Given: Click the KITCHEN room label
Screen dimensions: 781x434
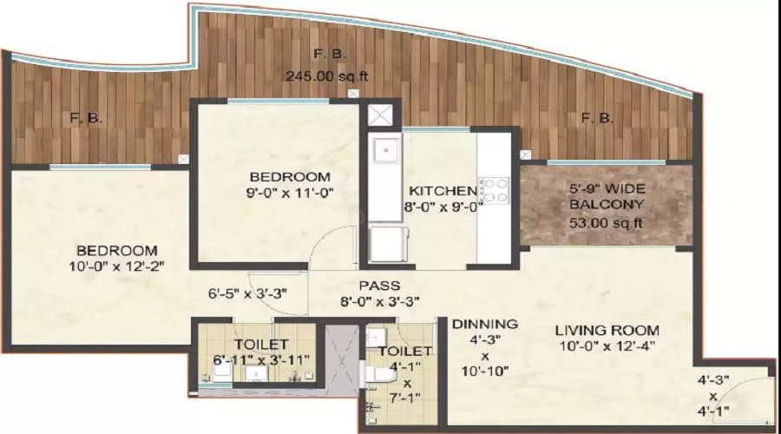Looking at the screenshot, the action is click(x=443, y=191).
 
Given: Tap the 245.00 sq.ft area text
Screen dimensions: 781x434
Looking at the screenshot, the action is click(x=327, y=76).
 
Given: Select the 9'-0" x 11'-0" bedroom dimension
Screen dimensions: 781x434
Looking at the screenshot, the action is click(x=290, y=193).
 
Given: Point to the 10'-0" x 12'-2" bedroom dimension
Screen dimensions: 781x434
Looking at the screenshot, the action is click(x=116, y=266).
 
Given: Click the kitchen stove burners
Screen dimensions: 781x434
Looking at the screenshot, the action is click(x=494, y=191).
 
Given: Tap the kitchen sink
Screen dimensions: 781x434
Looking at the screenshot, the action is click(x=386, y=150).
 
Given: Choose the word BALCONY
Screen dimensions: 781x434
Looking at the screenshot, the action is click(x=607, y=204).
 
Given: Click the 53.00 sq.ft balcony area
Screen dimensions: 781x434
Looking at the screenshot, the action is click(x=606, y=222).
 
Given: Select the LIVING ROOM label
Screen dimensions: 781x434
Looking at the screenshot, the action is click(x=607, y=330).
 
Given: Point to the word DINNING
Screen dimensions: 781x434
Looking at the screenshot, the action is click(x=484, y=324).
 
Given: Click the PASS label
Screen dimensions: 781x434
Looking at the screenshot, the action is click(x=379, y=286).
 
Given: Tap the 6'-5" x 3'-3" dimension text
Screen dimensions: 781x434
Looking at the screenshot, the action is click(x=247, y=293).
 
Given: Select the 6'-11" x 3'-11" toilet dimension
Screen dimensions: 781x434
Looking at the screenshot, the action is click(x=261, y=359).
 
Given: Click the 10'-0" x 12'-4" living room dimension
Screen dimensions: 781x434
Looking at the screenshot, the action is click(x=607, y=345).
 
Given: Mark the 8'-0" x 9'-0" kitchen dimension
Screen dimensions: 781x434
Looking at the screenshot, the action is click(x=443, y=207).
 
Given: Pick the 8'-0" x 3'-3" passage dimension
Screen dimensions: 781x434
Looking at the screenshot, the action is click(x=379, y=301).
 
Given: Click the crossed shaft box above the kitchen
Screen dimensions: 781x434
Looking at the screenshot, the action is click(x=380, y=115).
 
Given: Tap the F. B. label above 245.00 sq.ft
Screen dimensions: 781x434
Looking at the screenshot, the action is click(x=329, y=54).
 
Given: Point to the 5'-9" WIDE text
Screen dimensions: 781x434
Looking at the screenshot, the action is click(x=607, y=188).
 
